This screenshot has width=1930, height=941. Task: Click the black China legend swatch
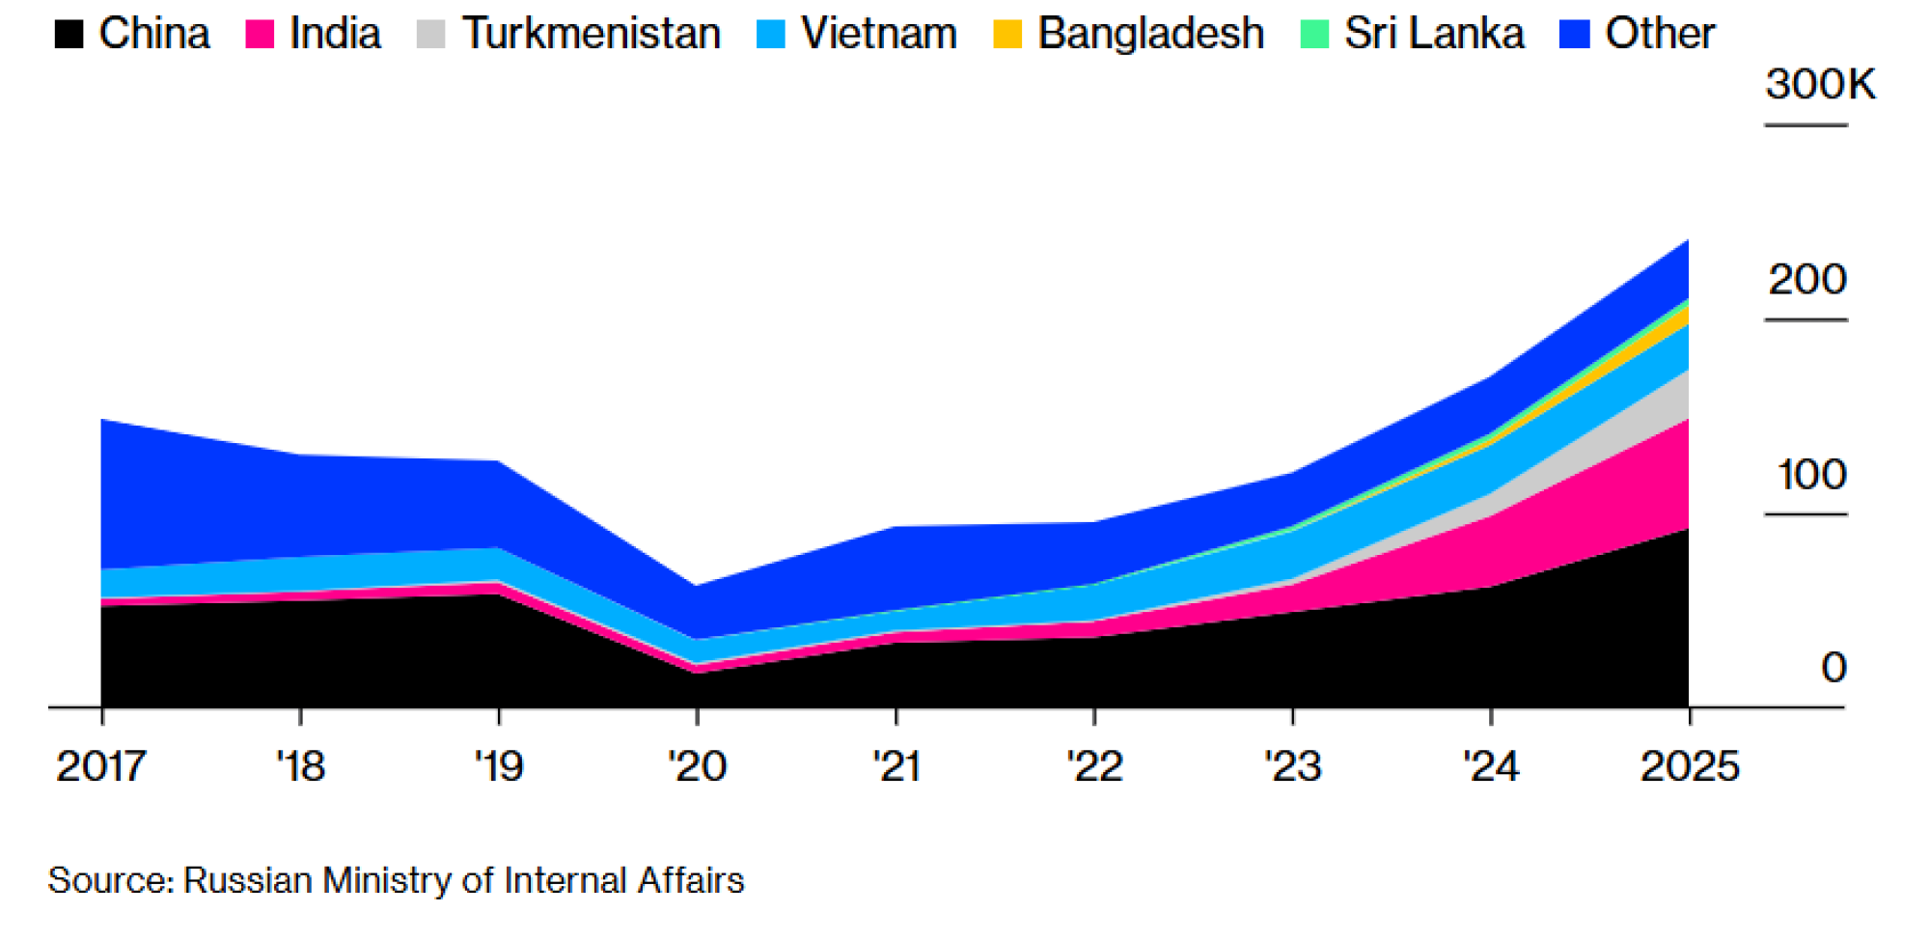(69, 34)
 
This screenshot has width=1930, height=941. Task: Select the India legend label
(335, 34)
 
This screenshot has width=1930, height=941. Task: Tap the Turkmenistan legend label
(592, 34)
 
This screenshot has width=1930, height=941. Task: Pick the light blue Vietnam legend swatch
(771, 34)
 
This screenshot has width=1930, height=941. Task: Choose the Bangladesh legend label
(1150, 34)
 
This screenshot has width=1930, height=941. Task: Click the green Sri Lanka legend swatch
(1314, 34)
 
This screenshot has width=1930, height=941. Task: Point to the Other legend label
(1660, 34)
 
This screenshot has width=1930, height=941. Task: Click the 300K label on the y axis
(1820, 85)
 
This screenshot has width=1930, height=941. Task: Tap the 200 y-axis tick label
(1807, 280)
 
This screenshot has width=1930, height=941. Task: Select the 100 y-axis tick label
(1811, 475)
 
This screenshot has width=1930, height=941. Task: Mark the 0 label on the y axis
(1833, 668)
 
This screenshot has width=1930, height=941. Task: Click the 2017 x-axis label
(101, 767)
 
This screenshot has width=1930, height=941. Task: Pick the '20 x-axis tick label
(697, 767)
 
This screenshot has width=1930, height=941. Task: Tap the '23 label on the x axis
(1292, 767)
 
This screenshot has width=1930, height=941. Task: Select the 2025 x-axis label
(1690, 767)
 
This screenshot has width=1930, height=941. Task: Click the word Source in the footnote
(110, 881)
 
